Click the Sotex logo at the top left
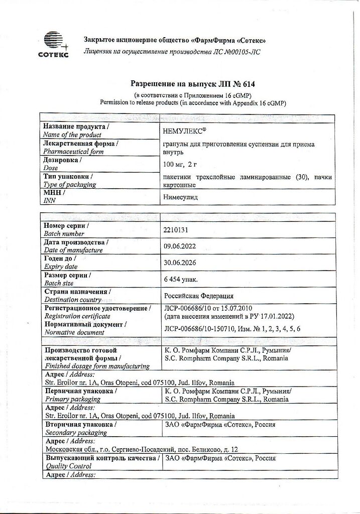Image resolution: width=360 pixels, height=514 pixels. point(54,44)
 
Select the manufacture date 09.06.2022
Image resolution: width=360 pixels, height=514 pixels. point(180,246)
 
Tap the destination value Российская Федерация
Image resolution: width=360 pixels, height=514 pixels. point(199,296)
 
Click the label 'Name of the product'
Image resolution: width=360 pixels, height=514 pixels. point(72,135)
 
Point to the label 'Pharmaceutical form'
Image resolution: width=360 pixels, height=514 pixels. point(73,151)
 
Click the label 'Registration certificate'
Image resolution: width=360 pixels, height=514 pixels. point(77,316)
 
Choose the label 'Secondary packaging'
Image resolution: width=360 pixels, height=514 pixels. point(76,432)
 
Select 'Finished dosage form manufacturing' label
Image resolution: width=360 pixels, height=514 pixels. point(97,366)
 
